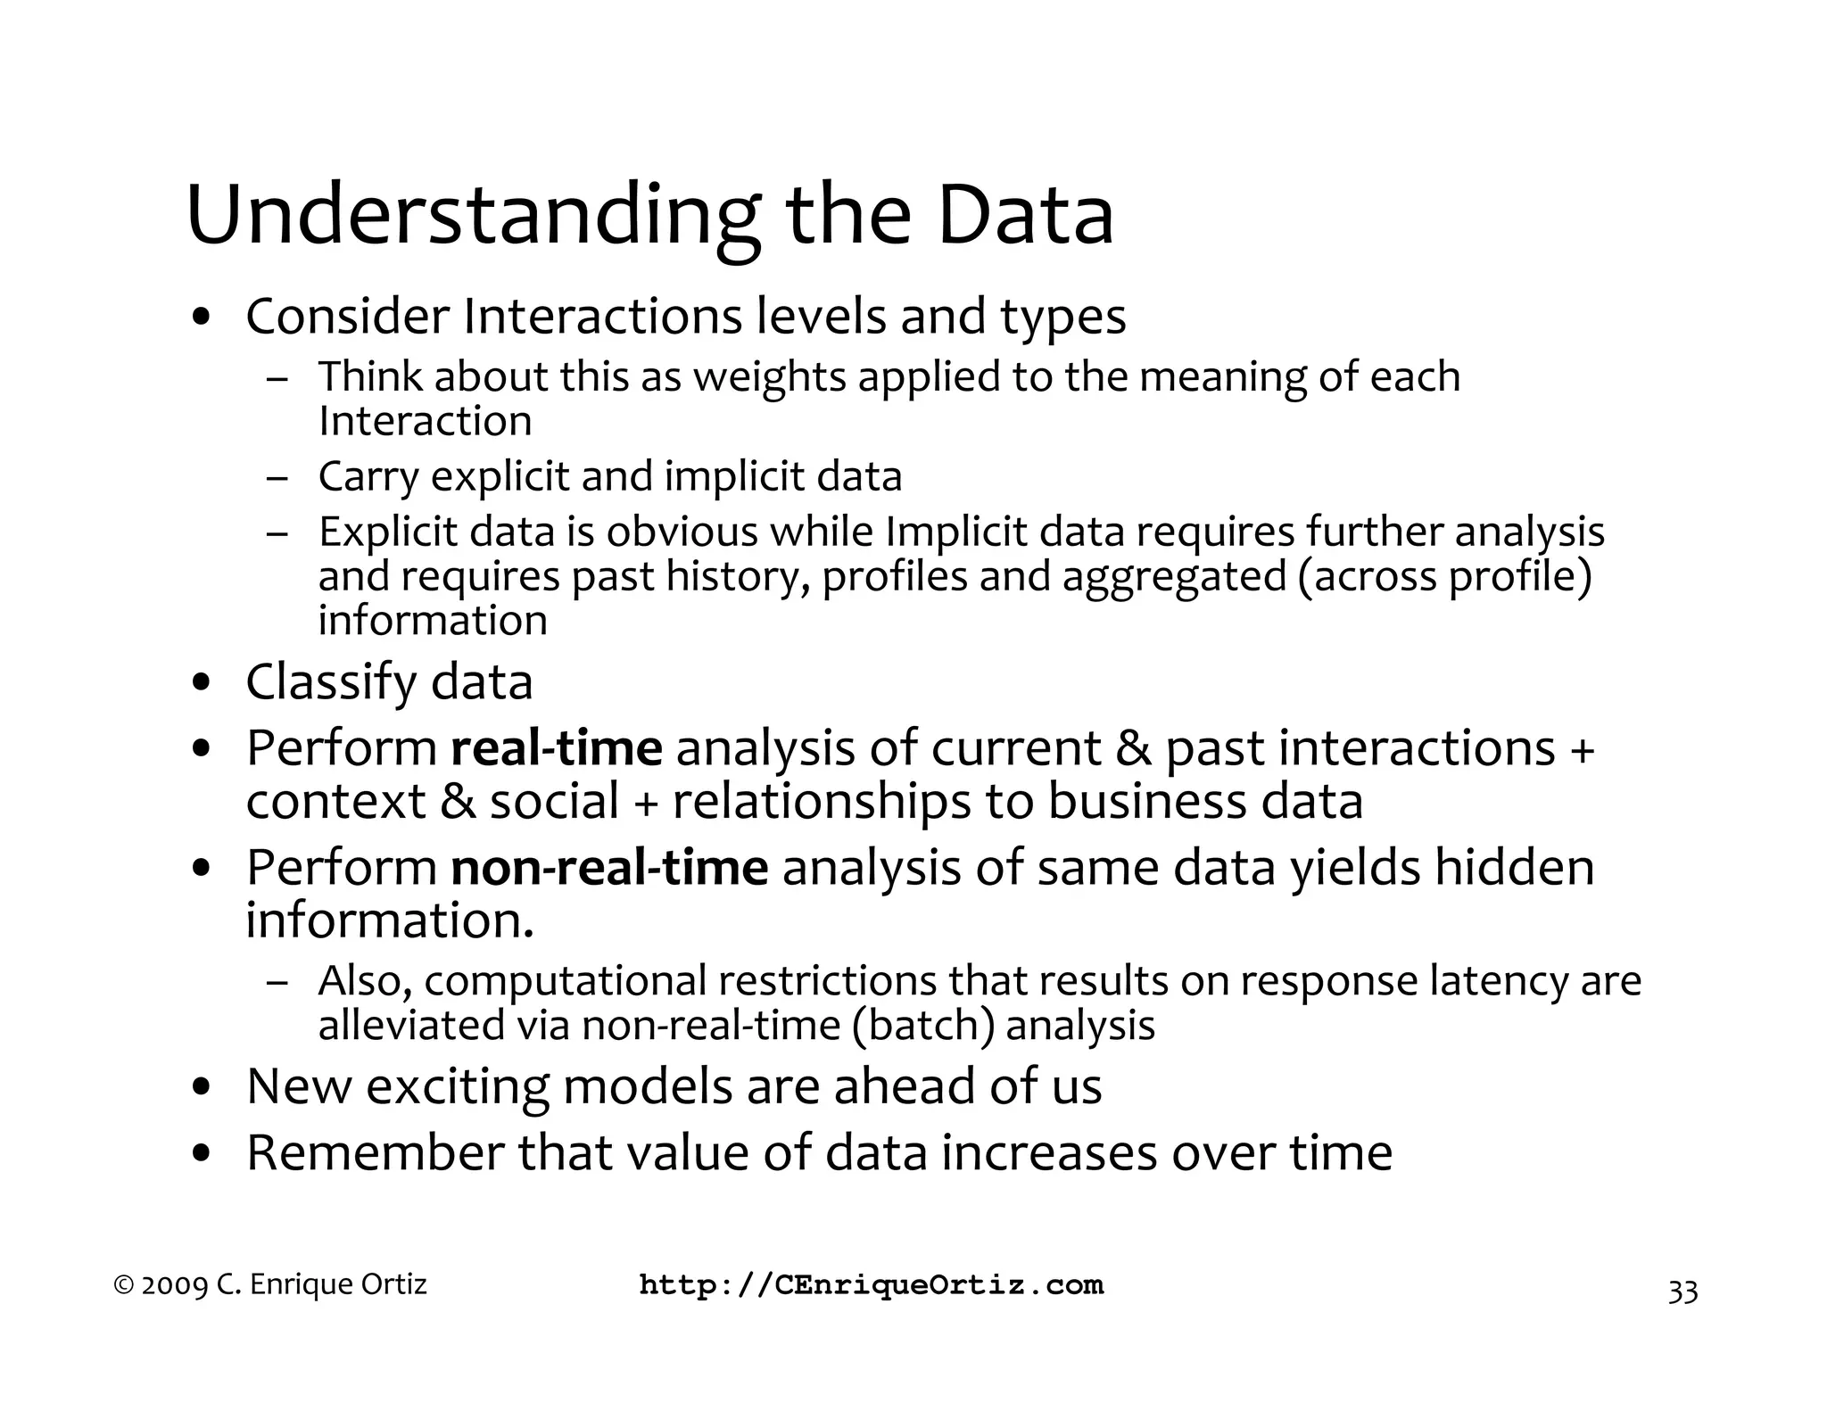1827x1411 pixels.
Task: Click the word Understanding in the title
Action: click(x=473, y=217)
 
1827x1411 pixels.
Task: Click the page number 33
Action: click(x=1682, y=1291)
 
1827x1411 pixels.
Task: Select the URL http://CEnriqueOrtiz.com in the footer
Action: click(x=872, y=1285)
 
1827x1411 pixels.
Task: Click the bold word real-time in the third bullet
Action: click(x=557, y=747)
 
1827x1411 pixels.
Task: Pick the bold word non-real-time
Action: click(x=609, y=867)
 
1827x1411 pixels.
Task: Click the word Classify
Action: click(x=331, y=683)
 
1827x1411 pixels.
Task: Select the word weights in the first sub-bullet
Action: click(x=769, y=376)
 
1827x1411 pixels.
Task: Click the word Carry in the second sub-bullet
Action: click(x=368, y=476)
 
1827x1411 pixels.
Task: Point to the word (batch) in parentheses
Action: click(x=922, y=1025)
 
